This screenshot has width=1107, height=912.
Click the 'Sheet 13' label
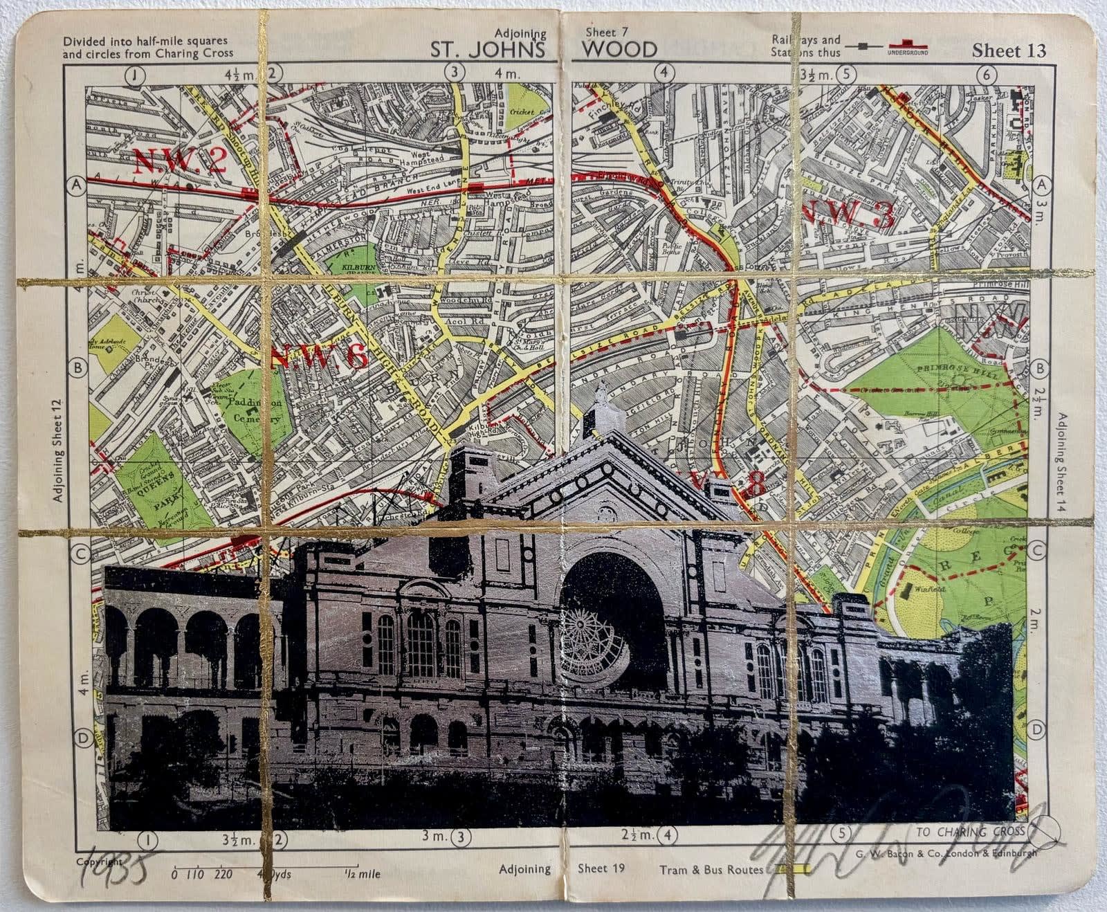1008,51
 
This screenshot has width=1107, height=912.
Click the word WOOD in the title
619,49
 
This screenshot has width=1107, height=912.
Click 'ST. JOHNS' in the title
488,50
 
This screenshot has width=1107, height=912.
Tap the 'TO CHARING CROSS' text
969,832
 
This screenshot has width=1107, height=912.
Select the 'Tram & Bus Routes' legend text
711,870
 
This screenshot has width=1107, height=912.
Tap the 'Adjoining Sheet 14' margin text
1061,463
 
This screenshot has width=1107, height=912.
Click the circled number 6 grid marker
987,74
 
